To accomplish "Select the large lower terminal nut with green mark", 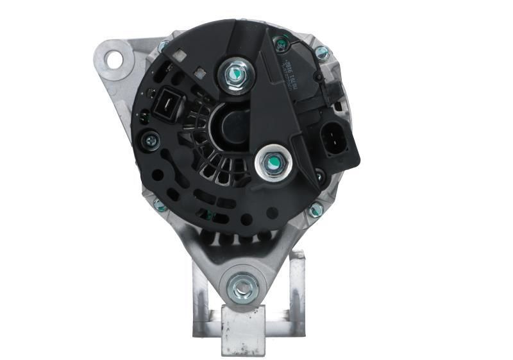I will coord(271,165).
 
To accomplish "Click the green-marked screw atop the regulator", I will coord(280,44).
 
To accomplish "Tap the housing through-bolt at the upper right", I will coord(322,53).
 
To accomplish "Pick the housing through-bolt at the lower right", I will coord(315,210).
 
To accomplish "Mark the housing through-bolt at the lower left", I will coord(160,205).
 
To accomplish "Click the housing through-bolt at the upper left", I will coord(164,46).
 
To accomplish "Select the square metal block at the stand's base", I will coord(244,330).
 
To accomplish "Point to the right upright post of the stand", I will coord(297,289).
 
